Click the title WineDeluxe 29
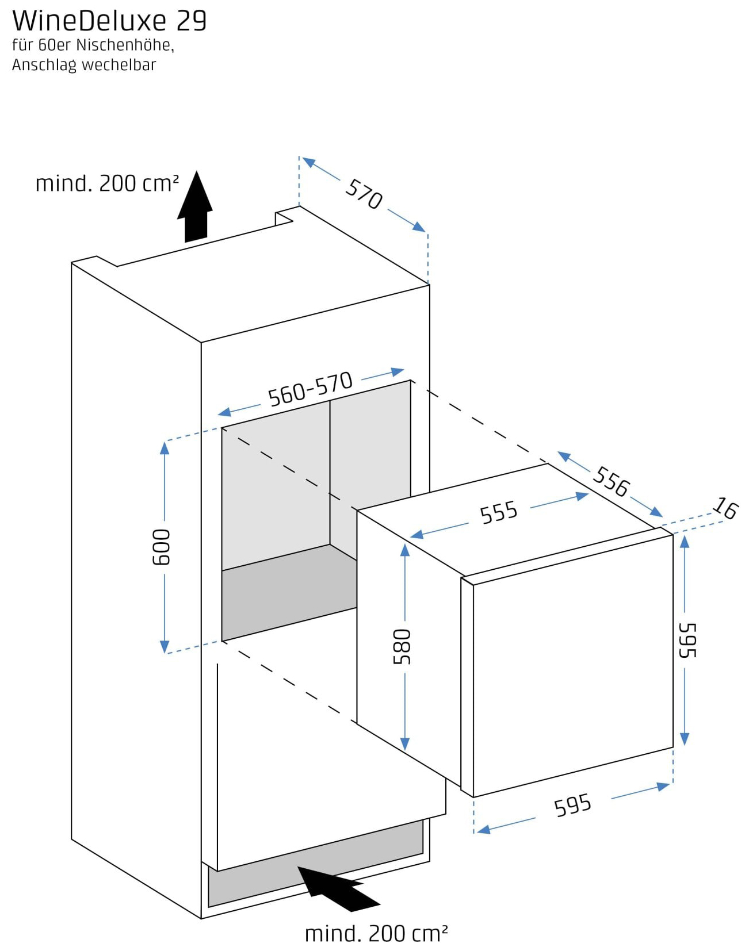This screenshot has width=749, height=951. [x=109, y=21]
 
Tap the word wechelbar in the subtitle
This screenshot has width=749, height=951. [x=119, y=64]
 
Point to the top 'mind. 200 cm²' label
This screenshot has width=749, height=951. [x=107, y=183]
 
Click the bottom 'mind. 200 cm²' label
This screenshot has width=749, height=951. [x=376, y=933]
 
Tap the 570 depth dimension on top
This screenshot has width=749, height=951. [x=364, y=194]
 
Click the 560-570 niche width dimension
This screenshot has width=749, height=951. [x=310, y=389]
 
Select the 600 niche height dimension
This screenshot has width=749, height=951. [x=162, y=547]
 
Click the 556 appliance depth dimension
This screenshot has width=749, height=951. [x=611, y=481]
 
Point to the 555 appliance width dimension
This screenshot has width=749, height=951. [x=499, y=512]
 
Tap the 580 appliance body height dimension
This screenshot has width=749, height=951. [x=402, y=646]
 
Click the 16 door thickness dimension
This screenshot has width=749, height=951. [x=725, y=508]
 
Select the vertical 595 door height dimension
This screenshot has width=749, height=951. [x=687, y=640]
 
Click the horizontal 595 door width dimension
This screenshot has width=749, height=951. [x=572, y=805]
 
